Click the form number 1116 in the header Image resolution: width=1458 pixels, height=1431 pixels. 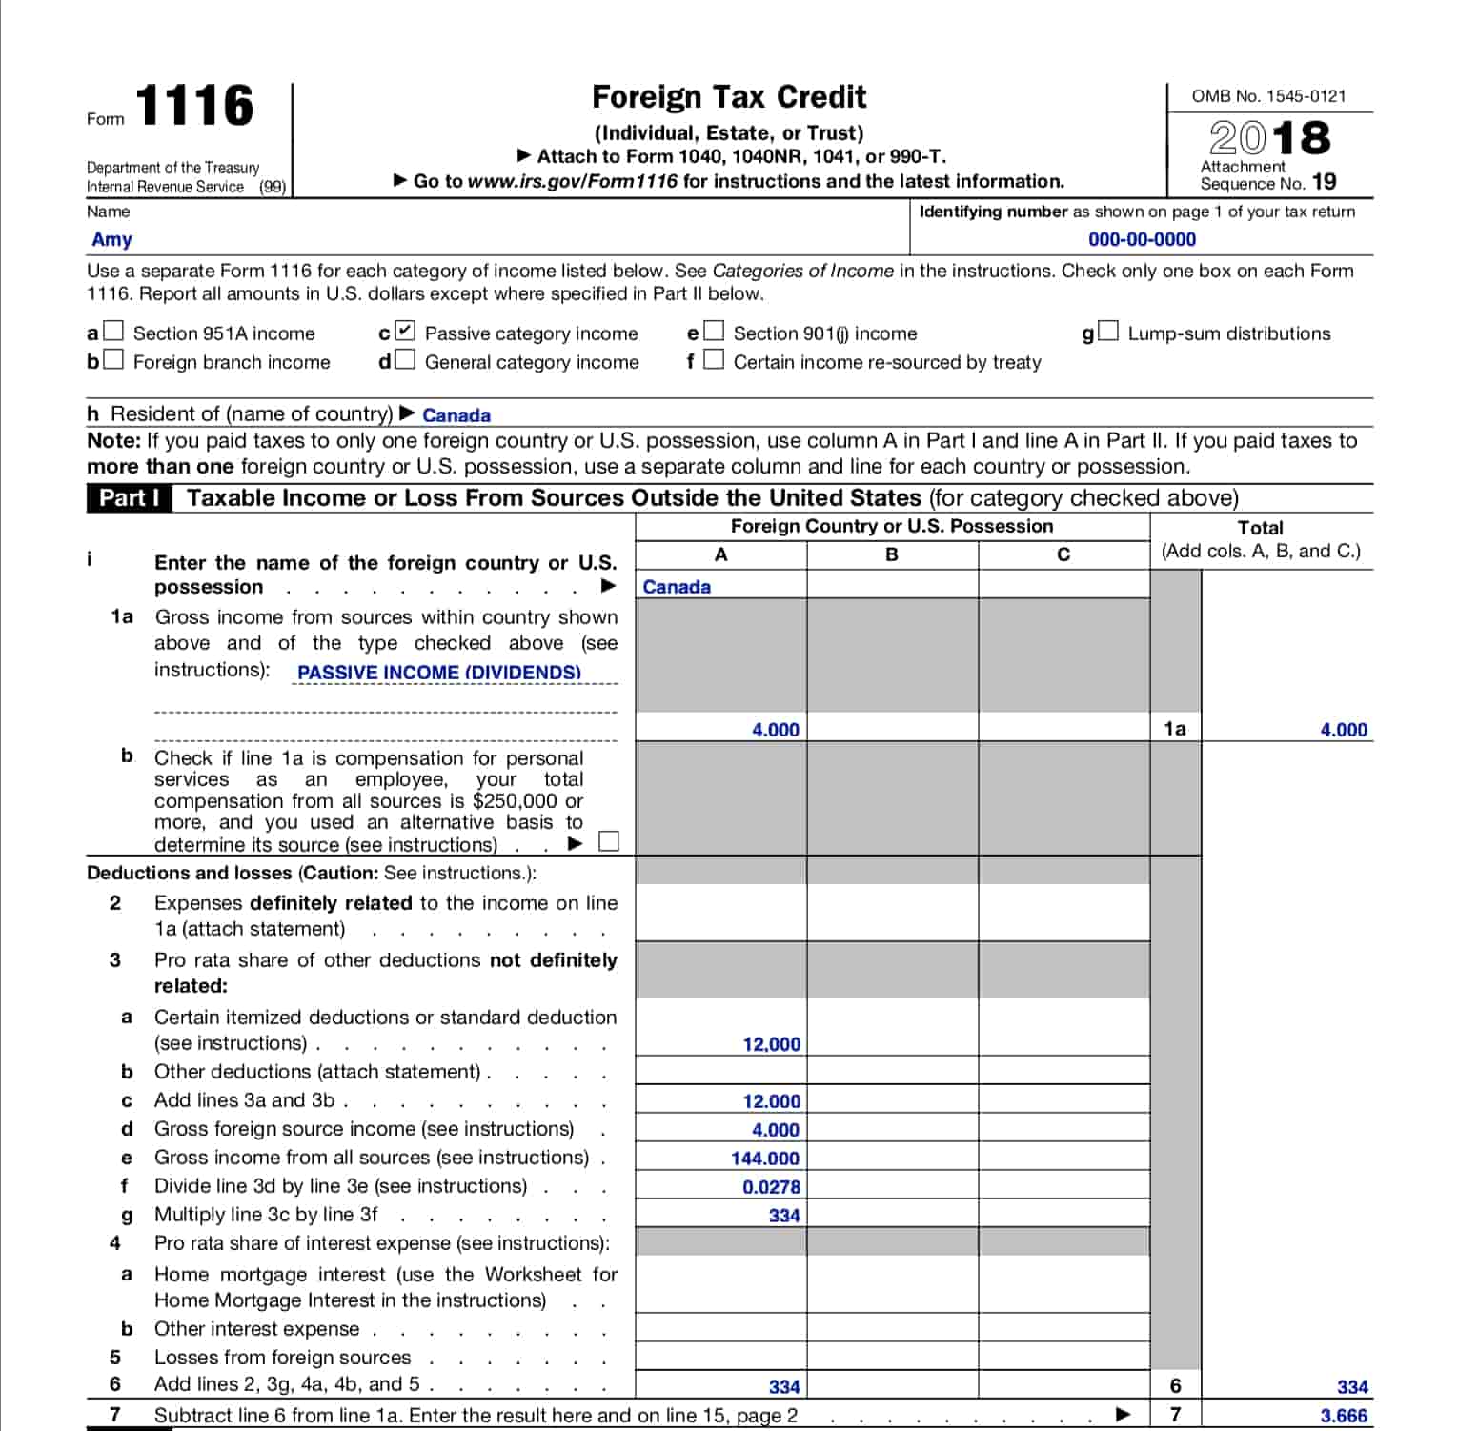point(194,106)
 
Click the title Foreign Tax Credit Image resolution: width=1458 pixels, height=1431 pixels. point(729,97)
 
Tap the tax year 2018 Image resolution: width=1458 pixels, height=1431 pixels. point(1269,138)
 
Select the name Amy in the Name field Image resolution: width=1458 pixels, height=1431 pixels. point(111,240)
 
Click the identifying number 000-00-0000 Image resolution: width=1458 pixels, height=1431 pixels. point(1142,240)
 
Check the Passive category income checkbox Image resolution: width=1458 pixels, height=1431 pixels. point(406,332)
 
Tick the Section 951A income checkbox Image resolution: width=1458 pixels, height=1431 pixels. point(114,332)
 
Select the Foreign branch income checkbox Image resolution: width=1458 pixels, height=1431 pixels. point(114,360)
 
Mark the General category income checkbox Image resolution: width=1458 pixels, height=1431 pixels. point(406,360)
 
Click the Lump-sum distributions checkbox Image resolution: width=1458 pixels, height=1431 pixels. point(1108,332)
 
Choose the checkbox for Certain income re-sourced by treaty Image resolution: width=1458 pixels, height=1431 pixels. point(714,360)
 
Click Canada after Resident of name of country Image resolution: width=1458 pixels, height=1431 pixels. point(456,415)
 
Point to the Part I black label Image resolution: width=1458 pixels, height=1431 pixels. point(130,498)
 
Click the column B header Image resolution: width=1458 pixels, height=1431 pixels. point(892,554)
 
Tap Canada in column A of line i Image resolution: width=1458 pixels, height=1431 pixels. point(677,587)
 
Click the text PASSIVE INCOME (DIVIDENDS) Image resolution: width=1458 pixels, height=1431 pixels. point(439,673)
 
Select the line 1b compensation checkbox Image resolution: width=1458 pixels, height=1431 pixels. point(609,842)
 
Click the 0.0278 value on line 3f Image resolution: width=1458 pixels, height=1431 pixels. point(771,1187)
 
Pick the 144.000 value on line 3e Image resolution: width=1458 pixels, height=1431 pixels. point(765,1159)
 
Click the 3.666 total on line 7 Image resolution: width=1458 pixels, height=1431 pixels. point(1344,1416)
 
